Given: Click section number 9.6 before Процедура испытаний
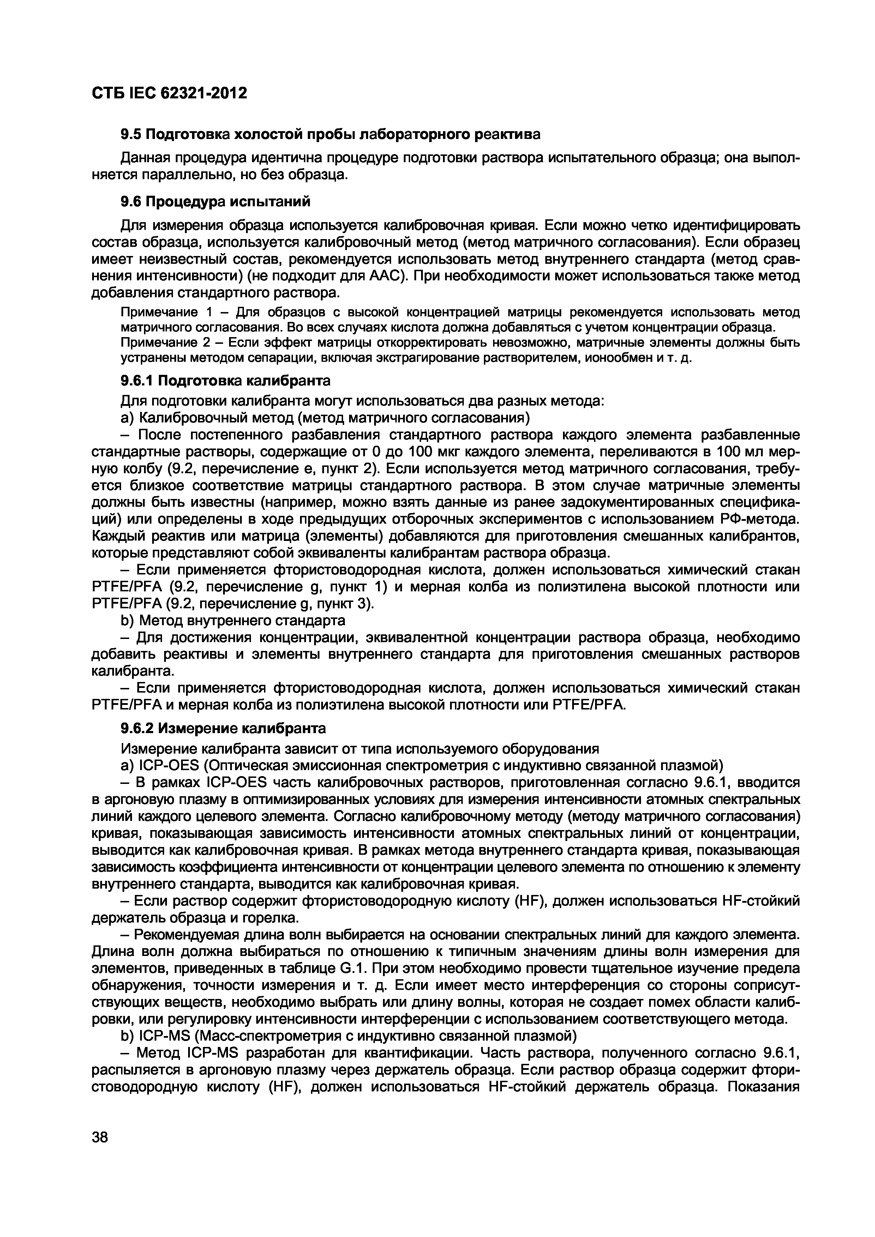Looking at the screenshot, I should pyautogui.click(x=131, y=201).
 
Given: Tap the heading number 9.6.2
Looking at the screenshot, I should pyautogui.click(x=137, y=729).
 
